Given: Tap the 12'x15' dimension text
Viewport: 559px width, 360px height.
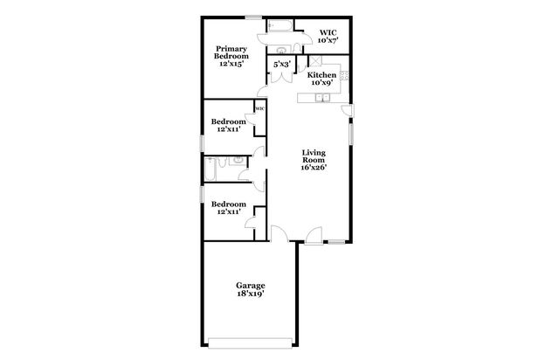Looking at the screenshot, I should [x=231, y=63].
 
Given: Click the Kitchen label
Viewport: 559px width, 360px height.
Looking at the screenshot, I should [x=321, y=76].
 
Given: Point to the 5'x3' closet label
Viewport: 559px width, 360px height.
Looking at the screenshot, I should [x=281, y=65].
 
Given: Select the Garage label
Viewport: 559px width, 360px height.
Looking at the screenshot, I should [x=250, y=286].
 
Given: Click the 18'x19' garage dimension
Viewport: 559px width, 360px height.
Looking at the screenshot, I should [x=250, y=294].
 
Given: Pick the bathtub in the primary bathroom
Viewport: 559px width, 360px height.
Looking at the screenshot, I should [x=282, y=24].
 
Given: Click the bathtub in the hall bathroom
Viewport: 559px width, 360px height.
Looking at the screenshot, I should [x=213, y=167].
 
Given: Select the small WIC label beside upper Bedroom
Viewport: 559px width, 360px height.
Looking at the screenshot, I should [x=259, y=109].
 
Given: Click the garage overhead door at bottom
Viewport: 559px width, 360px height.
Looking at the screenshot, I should [x=250, y=340].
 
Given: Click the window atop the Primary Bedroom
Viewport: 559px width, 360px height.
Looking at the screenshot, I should [x=253, y=17].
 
